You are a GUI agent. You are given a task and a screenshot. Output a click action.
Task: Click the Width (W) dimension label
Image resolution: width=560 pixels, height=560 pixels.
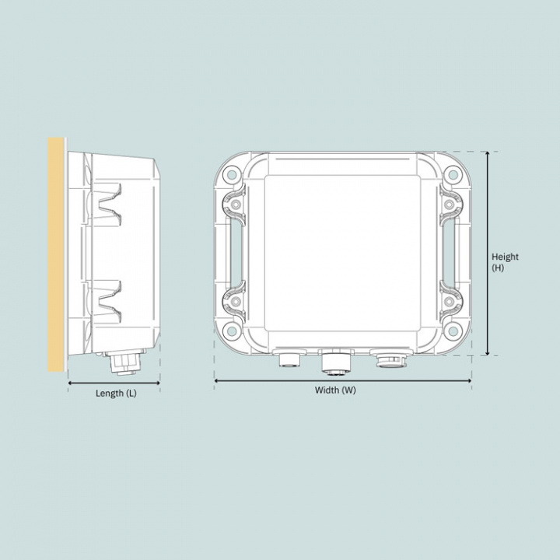[x=335, y=390]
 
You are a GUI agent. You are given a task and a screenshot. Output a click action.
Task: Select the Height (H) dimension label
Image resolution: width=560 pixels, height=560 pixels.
[x=505, y=262]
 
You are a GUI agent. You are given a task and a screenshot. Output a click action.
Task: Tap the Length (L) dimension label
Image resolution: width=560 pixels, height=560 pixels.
[x=116, y=394]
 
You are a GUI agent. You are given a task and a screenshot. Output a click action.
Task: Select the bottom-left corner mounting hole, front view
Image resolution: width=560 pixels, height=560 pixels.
[x=232, y=332]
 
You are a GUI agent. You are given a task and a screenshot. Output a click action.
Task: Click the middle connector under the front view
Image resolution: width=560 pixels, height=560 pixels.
[x=336, y=360]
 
